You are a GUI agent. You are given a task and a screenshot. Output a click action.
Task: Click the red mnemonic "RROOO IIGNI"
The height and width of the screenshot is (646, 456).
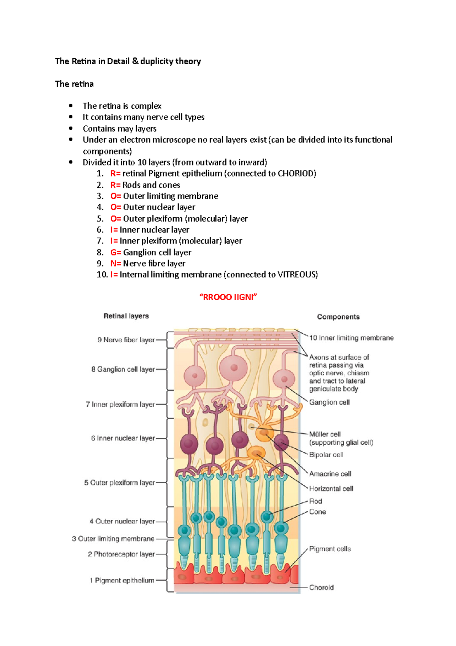pos(228,297)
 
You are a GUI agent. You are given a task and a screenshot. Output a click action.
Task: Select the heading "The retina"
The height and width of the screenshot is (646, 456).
pos(74,84)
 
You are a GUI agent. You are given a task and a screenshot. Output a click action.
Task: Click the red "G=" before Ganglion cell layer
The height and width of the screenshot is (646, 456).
pos(116,252)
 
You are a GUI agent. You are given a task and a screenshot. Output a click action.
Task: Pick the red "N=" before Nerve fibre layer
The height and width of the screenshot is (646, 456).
pos(116,263)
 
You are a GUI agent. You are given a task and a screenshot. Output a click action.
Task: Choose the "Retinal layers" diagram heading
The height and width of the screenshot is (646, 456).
pos(126,316)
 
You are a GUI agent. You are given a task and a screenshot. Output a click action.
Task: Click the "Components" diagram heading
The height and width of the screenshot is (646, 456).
pos(338,317)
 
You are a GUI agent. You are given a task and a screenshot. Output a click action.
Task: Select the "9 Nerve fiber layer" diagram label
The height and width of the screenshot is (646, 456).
pos(126,340)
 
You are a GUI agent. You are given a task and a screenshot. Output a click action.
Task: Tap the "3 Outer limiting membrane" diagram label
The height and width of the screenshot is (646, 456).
pos(113,539)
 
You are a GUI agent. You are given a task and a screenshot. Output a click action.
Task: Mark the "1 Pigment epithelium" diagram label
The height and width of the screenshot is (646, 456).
pos(122,580)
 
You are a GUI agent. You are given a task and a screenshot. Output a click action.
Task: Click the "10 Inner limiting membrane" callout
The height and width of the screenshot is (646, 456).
pos(351,338)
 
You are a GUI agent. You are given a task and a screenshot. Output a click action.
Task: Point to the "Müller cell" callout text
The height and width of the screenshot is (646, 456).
pos(325,434)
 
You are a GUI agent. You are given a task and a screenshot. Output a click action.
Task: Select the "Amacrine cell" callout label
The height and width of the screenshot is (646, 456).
pos(330,474)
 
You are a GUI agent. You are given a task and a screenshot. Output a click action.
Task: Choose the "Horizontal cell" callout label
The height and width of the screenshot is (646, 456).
pos(331,488)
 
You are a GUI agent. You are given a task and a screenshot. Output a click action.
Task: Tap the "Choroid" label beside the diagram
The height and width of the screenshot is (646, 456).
pos(321,587)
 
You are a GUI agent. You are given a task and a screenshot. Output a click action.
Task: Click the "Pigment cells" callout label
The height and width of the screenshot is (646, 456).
pos(330,549)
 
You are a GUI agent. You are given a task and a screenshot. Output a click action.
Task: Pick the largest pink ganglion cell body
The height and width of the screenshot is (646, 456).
pos(234,368)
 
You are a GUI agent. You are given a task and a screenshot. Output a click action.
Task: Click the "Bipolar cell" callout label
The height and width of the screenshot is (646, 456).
pos(326,455)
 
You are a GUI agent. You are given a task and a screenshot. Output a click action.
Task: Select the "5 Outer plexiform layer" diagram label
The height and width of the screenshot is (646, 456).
pos(120,482)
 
